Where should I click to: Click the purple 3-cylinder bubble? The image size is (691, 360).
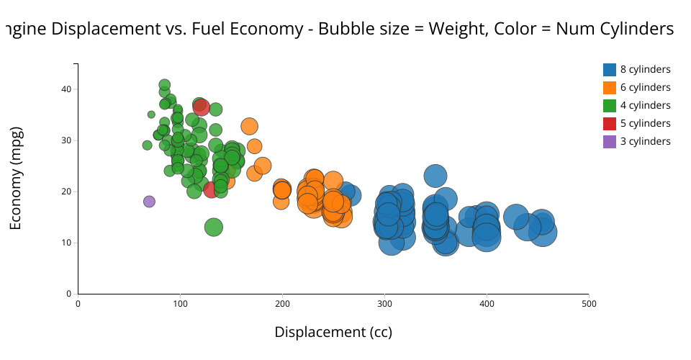coord(149,202)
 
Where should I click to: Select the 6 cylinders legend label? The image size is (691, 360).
coord(645,88)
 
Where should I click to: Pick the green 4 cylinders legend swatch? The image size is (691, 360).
coord(610,106)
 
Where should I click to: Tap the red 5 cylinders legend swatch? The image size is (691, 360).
coord(610,124)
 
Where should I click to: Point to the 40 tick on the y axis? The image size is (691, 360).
coord(66,89)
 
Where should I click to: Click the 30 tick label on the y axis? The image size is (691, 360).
coord(66,140)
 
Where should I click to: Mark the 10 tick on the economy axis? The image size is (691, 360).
coord(66,243)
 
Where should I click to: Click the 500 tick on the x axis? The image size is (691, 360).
coord(589,304)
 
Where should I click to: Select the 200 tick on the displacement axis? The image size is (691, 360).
coord(282,304)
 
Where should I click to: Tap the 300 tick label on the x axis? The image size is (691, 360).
coord(384,304)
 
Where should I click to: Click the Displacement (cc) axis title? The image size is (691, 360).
coord(333,332)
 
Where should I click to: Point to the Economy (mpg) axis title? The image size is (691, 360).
coord(16,178)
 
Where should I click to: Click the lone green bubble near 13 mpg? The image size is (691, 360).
coord(214,228)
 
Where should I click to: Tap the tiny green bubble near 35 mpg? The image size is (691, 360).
coord(151,114)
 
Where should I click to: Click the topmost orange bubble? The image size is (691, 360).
coord(249,127)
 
